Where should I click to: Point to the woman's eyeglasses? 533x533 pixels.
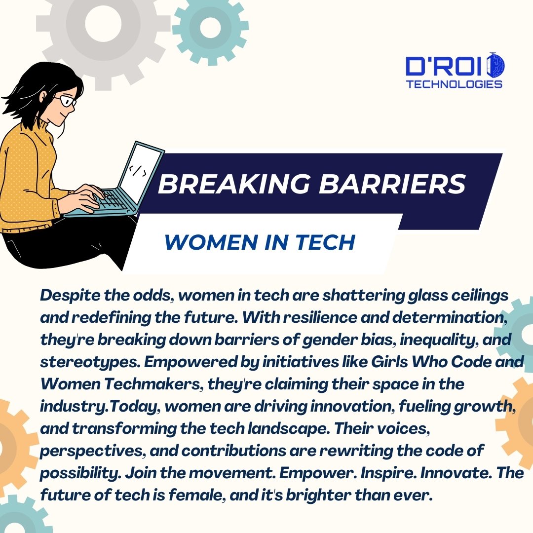[x=66, y=101]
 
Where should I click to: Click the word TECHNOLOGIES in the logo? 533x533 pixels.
[x=454, y=84]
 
